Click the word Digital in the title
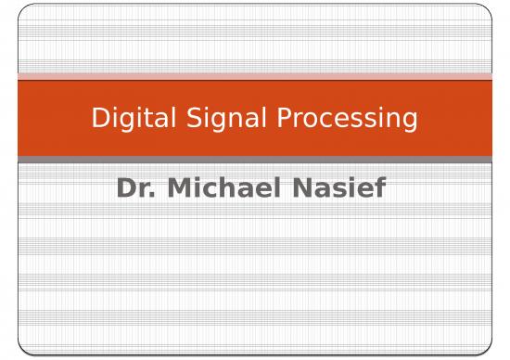[x=126, y=119]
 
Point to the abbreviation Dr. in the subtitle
[x=133, y=188]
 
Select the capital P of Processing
[x=270, y=118]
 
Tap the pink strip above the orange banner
[x=255, y=76]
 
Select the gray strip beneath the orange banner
[x=255, y=160]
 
